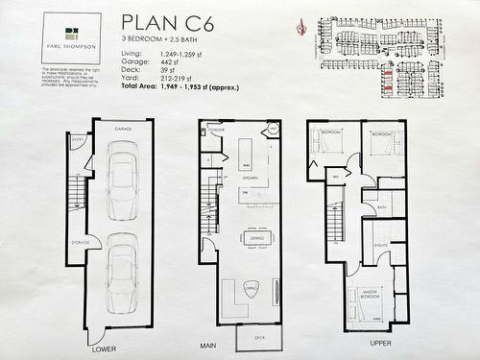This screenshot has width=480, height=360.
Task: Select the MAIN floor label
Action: (x=207, y=345)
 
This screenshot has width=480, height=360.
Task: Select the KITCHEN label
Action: (x=251, y=179)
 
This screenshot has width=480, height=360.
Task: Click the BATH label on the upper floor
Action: (x=381, y=206)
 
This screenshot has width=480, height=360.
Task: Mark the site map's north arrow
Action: (x=304, y=26)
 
